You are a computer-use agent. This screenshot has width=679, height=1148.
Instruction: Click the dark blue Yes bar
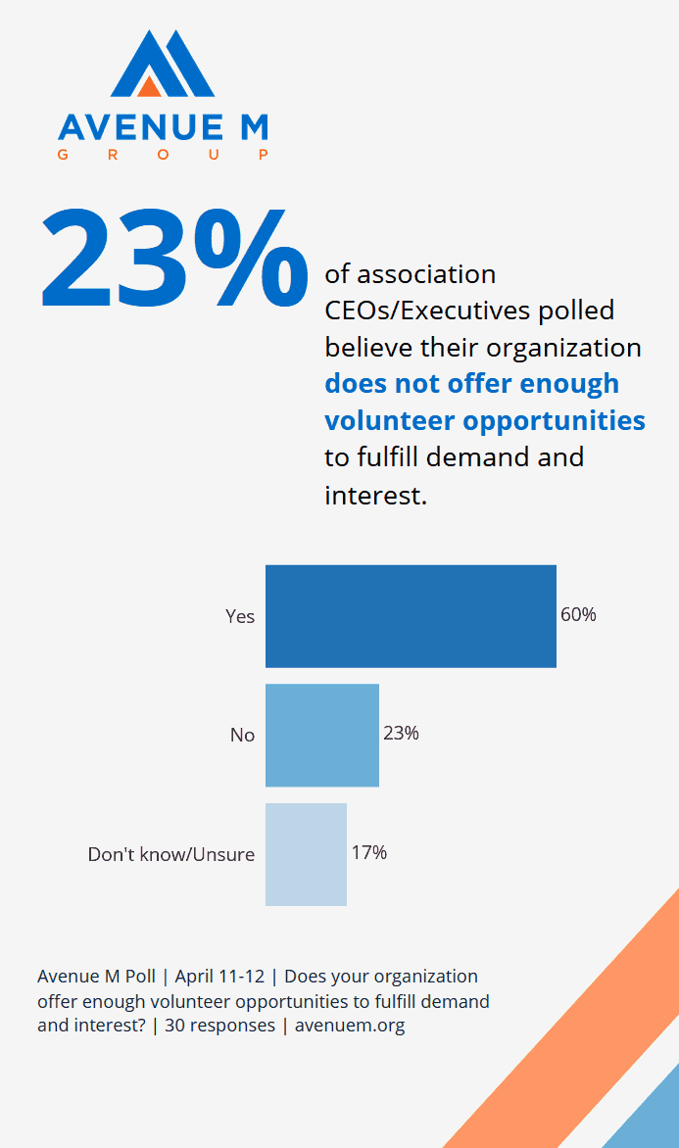[411, 616]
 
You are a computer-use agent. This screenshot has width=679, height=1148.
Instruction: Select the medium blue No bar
[321, 735]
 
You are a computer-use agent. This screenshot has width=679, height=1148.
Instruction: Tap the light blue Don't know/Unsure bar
[306, 854]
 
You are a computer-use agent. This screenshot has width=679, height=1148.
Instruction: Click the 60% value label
[578, 615]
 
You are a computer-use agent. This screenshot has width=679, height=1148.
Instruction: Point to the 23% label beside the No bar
[401, 733]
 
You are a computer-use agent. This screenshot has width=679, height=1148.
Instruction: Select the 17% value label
[369, 852]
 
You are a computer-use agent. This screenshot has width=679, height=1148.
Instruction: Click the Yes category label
[240, 616]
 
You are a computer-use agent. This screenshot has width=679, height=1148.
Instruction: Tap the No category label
[242, 735]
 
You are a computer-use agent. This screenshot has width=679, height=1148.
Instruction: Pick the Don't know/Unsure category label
[171, 854]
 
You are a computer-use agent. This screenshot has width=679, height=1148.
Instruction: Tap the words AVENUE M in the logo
[163, 127]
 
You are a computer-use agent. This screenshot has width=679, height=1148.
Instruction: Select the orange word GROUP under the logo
[163, 155]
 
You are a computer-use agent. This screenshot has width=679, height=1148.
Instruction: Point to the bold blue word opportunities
[554, 420]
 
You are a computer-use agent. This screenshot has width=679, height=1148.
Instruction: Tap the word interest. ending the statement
[375, 495]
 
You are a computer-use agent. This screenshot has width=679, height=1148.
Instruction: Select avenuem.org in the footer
[350, 1026]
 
